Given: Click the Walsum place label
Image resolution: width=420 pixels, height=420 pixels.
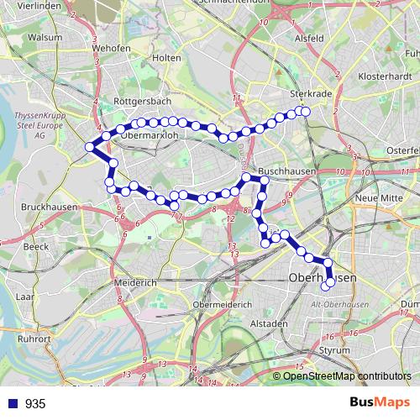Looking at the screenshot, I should click(23, 37).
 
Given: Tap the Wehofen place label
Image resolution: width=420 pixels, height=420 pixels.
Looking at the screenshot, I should click(112, 48).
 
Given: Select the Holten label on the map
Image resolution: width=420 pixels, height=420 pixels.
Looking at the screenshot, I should click(168, 57).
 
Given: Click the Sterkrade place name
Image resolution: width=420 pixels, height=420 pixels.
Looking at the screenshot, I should click(306, 94).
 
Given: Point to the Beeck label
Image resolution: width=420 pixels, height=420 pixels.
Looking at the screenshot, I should click(37, 247).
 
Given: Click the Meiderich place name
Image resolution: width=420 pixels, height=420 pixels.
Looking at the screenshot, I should click(134, 284).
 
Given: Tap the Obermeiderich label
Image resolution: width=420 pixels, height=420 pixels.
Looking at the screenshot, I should click(222, 304).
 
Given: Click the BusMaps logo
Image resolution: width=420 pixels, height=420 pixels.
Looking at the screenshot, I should click(378, 403).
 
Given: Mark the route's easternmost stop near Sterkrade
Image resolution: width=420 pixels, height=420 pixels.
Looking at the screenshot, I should click(306, 112).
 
